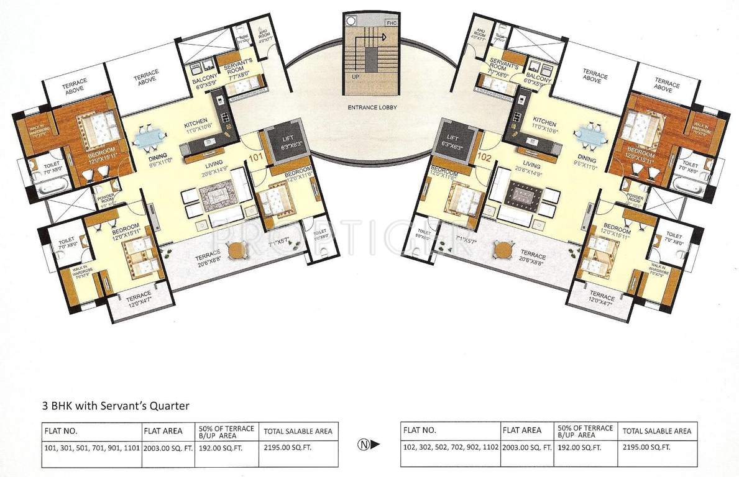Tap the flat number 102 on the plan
pyautogui.click(x=485, y=158)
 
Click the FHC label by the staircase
pyautogui.click(x=391, y=23)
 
